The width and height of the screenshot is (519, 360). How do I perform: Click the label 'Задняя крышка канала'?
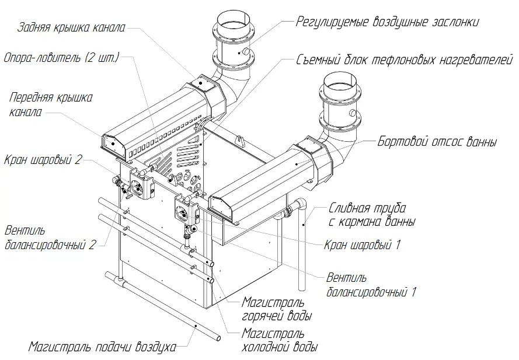coord(72,27)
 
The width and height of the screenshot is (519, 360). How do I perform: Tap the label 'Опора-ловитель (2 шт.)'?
coord(61,58)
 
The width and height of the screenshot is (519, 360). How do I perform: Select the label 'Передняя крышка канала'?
coord(51,104)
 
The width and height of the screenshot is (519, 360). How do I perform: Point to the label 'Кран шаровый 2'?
coord(44,160)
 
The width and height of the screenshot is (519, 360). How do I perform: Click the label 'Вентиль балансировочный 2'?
coord(50,237)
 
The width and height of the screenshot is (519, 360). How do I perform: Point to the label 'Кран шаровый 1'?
coord(363,244)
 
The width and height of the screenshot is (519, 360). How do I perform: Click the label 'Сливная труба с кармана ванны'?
coord(372,214)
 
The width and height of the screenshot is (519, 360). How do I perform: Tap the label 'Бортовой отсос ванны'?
coord(437,141)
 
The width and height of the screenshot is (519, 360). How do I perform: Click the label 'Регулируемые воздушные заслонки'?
coord(388,22)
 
